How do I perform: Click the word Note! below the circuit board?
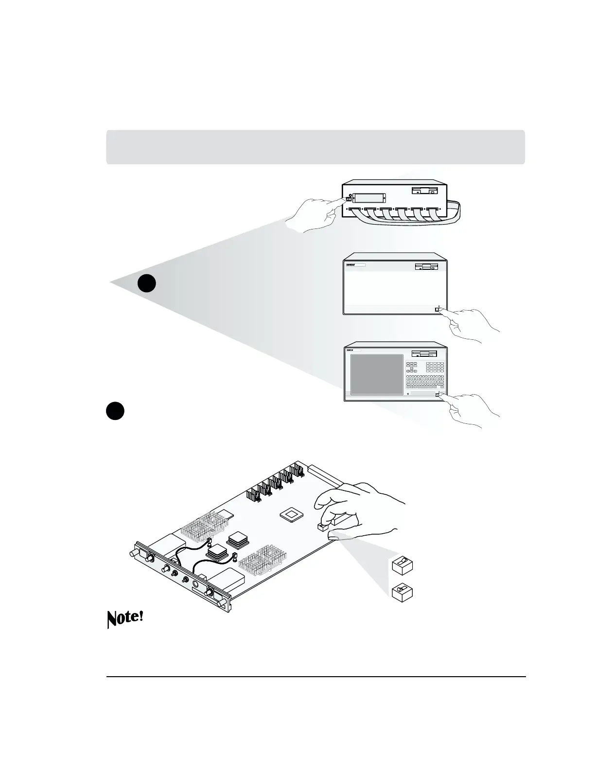click(x=125, y=619)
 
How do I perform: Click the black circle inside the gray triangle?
click(x=146, y=283)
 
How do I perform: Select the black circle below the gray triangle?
click(x=115, y=410)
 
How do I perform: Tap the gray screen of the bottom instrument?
click(x=377, y=373)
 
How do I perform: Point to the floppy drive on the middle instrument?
click(x=427, y=267)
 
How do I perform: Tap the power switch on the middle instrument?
click(x=437, y=310)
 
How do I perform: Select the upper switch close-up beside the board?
click(x=402, y=565)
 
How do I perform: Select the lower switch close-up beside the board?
click(x=402, y=592)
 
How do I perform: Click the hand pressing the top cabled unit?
click(x=311, y=216)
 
